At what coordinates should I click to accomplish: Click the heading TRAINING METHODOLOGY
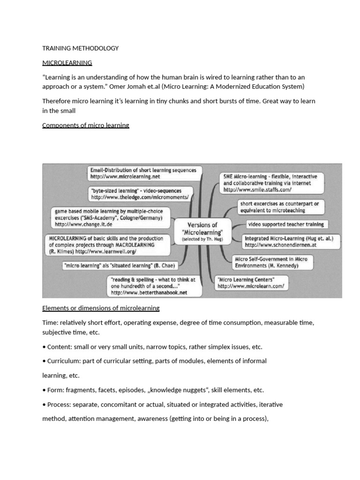click(x=80, y=48)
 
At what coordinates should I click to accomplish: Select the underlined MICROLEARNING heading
click(x=67, y=62)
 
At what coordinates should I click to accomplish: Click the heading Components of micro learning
click(x=86, y=125)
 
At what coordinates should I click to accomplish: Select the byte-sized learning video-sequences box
click(x=140, y=194)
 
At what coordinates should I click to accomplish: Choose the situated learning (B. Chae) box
click(x=120, y=266)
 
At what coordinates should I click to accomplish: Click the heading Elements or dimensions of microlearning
click(x=101, y=308)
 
